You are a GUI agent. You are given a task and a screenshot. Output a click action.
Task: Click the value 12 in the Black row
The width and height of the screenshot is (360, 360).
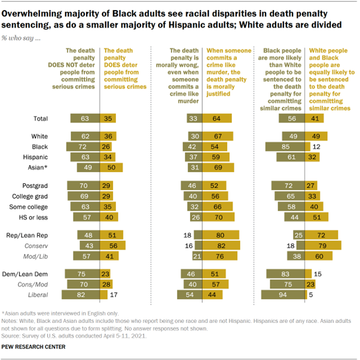click(x=312, y=146)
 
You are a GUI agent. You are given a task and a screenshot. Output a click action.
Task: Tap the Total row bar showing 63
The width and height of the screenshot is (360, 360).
click(x=85, y=118)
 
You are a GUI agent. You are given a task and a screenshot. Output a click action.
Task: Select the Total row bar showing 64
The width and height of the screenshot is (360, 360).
click(x=219, y=118)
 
